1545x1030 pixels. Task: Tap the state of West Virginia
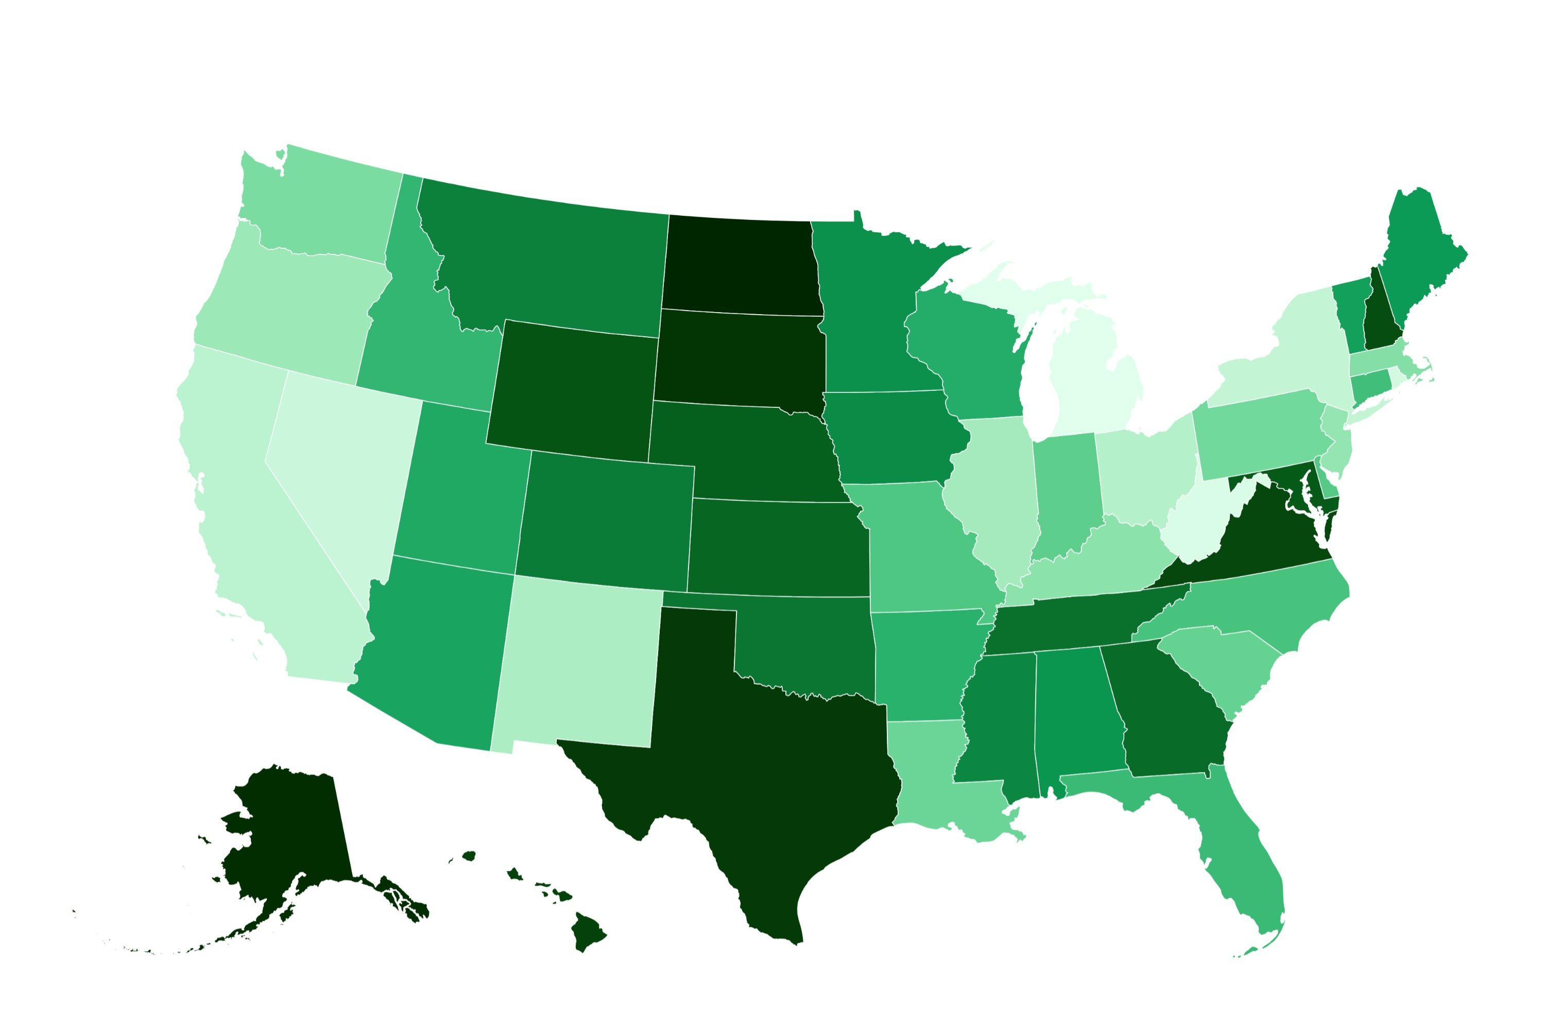coord(1195,525)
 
